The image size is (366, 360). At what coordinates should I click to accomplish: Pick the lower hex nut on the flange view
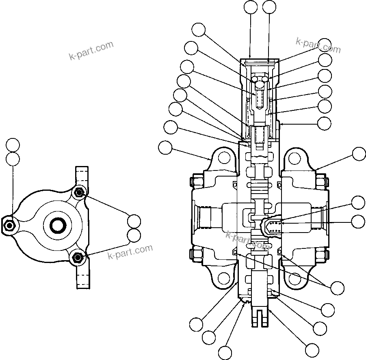click(78, 257)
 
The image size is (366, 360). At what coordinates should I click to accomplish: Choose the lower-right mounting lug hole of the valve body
click(295, 278)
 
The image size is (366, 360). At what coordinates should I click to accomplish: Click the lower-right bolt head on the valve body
click(321, 254)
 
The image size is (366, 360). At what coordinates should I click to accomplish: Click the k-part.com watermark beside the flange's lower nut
click(130, 252)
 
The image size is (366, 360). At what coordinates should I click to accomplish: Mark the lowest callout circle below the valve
click(225, 352)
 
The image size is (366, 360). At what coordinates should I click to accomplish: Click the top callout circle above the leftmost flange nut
click(13, 145)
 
